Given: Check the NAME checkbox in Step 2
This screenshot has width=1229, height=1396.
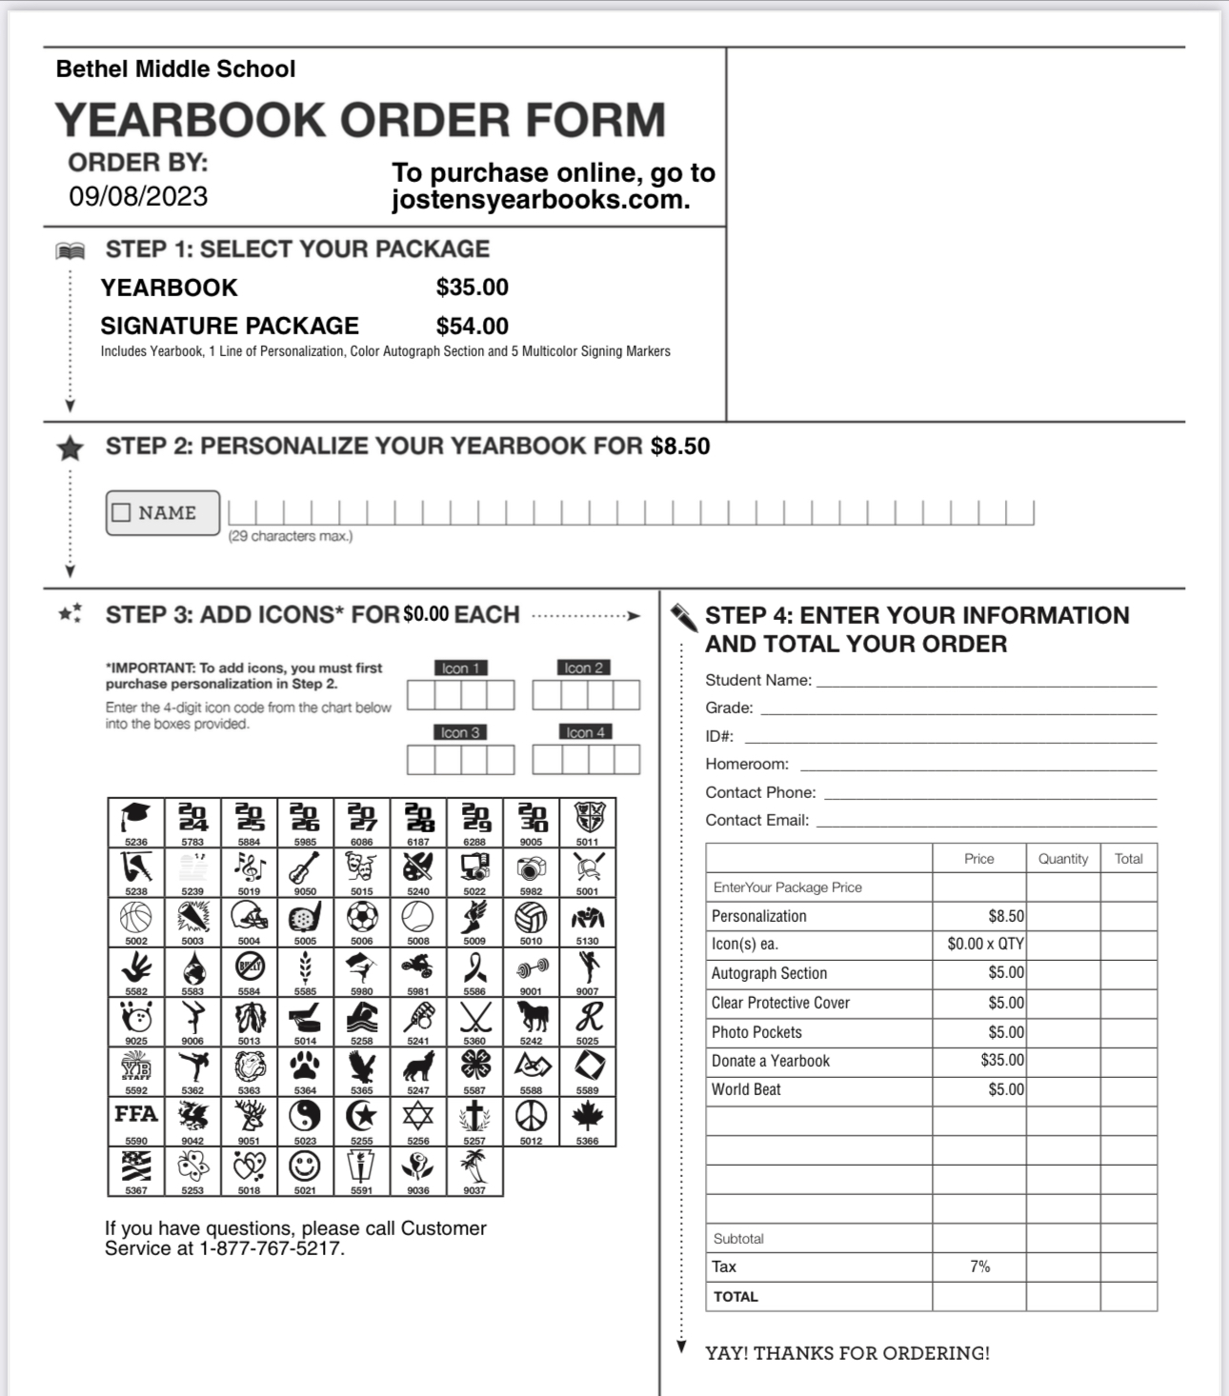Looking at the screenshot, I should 121,512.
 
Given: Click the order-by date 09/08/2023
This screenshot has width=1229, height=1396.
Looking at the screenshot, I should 138,196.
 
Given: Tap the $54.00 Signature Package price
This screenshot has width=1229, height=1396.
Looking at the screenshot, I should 473,326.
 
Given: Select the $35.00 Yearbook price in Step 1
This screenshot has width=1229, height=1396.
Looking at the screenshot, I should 473,288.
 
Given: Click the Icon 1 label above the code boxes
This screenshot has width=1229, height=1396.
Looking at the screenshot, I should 461,668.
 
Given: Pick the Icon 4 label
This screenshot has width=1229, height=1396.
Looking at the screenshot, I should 586,732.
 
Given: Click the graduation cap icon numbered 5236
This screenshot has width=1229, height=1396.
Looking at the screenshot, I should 136,818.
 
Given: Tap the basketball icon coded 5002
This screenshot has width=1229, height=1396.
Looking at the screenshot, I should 136,917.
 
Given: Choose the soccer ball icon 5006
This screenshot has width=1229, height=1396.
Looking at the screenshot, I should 362,917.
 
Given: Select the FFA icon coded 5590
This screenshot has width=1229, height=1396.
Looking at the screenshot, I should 136,1115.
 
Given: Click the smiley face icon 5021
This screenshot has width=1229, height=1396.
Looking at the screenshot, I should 305,1165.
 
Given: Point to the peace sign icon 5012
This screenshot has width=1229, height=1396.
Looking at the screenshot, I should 531,1115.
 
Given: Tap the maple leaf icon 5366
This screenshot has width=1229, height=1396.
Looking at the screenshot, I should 588,1115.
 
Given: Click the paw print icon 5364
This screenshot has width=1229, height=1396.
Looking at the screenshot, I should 305,1066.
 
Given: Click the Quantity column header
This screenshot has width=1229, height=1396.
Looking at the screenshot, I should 1063,859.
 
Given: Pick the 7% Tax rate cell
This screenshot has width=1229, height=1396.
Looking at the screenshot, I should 979,1266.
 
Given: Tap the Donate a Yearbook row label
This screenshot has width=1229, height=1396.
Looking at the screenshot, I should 771,1061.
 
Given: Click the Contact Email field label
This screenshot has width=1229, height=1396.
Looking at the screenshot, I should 757,820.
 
